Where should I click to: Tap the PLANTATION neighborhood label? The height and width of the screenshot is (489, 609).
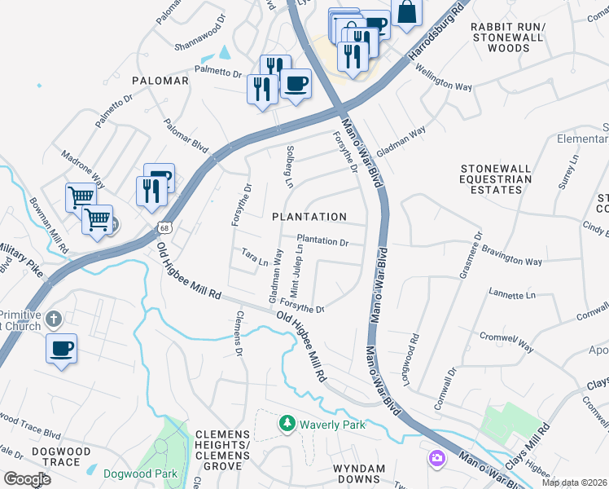click(x=309, y=217)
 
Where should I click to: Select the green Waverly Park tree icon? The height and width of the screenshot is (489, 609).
click(x=286, y=424)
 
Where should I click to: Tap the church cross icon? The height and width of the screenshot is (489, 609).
click(x=54, y=318)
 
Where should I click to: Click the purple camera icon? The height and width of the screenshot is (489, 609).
click(x=437, y=459)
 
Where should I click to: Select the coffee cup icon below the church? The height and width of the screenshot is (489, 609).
click(x=61, y=349)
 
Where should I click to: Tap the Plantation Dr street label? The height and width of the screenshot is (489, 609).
click(x=327, y=242)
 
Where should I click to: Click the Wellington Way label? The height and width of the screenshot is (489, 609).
click(x=445, y=81)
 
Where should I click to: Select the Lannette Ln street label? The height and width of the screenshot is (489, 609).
click(x=512, y=294)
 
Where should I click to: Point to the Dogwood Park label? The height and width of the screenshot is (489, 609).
click(x=140, y=473)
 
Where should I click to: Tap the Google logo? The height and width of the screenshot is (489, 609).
click(x=27, y=479)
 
